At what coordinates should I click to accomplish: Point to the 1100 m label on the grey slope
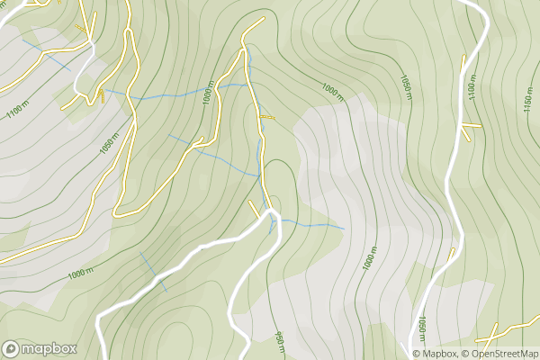pyautogui.click(x=16, y=111)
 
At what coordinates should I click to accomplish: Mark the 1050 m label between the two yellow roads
pyautogui.click(x=110, y=145)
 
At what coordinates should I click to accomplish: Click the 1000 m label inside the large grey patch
pyautogui.click(x=369, y=258)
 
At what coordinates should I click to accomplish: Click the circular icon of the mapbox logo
pyautogui.click(x=12, y=348)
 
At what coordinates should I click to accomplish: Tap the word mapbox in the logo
pyautogui.click(x=49, y=348)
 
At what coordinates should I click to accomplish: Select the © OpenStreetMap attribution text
pyautogui.click(x=500, y=354)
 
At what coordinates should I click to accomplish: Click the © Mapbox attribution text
pyautogui.click(x=436, y=354)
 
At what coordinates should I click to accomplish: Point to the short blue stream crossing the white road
pyautogui.click(x=153, y=272)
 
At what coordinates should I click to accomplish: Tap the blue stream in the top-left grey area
pyautogui.click(x=45, y=54)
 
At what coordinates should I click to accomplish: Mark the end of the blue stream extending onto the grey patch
pyautogui.click(x=343, y=229)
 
